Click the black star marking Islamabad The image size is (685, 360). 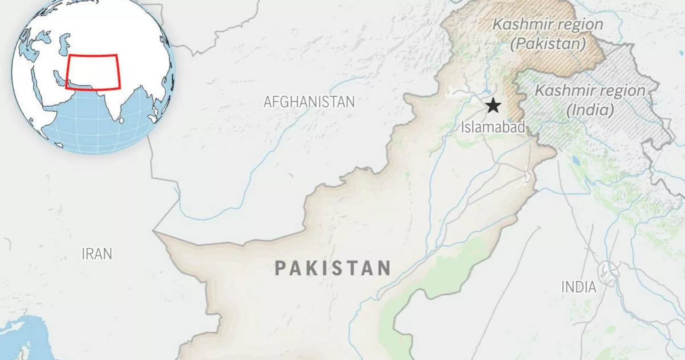click(493, 105)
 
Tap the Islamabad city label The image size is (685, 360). click(493, 127)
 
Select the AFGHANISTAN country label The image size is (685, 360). click(309, 102)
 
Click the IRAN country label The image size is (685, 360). click(97, 254)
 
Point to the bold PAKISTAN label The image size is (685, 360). click(332, 268)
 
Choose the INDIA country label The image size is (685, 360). click(579, 287)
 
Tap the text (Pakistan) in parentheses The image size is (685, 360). click(548, 43)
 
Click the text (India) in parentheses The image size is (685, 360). click(590, 110)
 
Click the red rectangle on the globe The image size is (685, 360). click(93, 72)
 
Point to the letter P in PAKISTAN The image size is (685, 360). click(280, 269)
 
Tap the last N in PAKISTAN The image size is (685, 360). click(384, 269)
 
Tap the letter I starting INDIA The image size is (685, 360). click(564, 287)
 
